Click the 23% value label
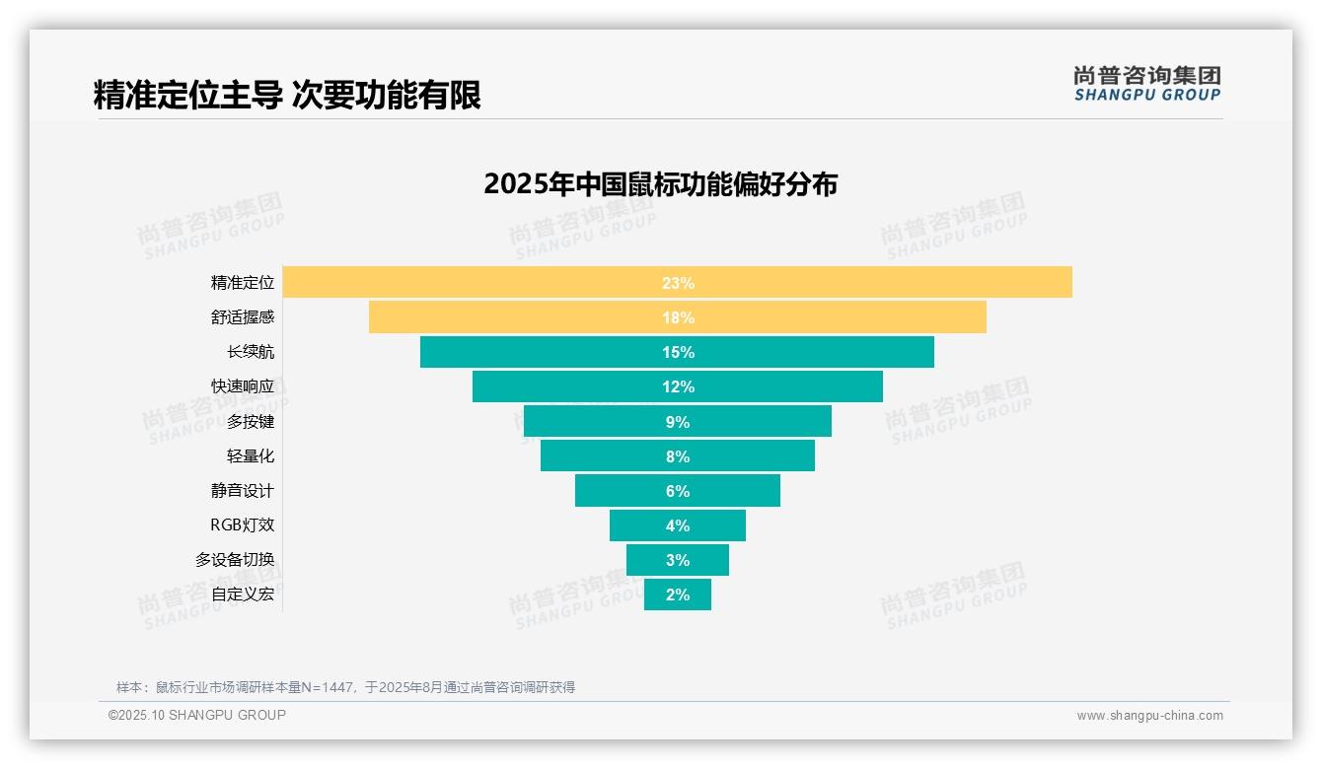coord(678,283)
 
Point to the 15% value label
coord(678,352)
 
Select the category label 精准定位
coord(243,283)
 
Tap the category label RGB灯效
coord(243,525)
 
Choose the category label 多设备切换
coord(235,560)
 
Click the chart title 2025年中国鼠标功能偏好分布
coord(660,184)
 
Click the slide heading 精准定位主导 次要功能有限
coord(287,96)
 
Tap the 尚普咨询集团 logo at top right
coord(1147,83)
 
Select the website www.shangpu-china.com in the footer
coord(1149,716)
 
